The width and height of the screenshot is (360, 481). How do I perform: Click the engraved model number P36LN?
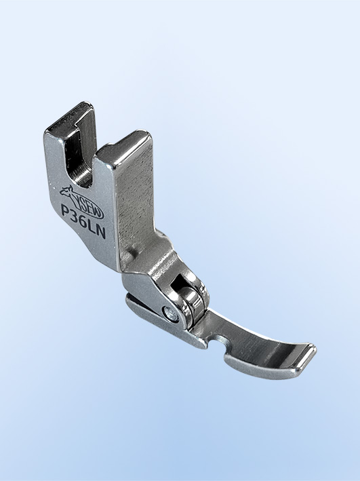click(83, 221)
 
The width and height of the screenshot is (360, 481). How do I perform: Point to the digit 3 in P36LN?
click(75, 216)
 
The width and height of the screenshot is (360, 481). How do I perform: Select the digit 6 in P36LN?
click(83, 221)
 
